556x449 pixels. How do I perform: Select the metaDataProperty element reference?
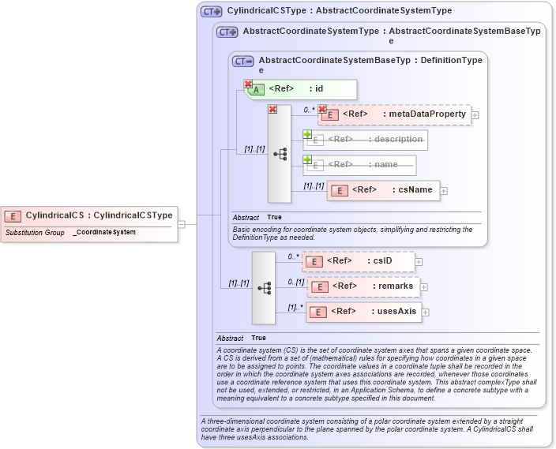point(394,114)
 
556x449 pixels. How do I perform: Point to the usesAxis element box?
point(363,311)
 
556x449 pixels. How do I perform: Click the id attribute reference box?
point(300,89)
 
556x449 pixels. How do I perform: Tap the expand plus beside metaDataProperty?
point(475,115)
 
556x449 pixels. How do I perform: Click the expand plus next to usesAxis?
point(426,312)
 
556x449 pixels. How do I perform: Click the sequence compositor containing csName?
point(280,154)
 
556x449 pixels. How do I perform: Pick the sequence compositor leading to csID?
point(264,288)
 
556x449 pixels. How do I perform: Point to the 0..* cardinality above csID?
point(293,256)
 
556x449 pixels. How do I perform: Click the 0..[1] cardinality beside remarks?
point(295,282)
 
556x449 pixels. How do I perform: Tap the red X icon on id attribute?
point(248,84)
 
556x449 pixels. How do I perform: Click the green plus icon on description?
point(308,135)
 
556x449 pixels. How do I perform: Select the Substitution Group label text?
point(35,233)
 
